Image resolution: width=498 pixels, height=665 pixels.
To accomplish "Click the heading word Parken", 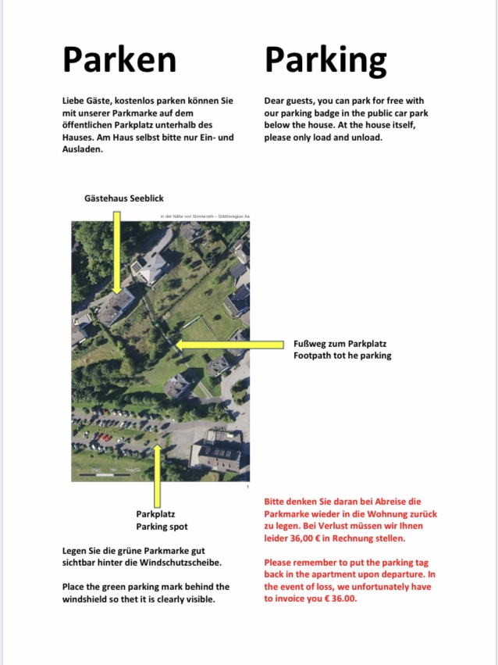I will pyautogui.click(x=119, y=59).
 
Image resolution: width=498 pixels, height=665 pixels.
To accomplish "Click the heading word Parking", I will pyautogui.click(x=325, y=60).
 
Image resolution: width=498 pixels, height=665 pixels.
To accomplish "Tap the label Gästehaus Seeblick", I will pyautogui.click(x=124, y=198).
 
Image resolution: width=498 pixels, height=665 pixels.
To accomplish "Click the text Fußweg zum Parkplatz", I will pyautogui.click(x=340, y=344).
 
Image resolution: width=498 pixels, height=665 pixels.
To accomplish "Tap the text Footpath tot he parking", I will pyautogui.click(x=342, y=356).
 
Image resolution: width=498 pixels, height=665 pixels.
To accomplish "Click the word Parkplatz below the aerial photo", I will pyautogui.click(x=155, y=514).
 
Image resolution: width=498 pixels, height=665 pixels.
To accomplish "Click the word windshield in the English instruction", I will pyautogui.click(x=87, y=599).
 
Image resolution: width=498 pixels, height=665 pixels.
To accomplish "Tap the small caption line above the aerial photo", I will pyautogui.click(x=204, y=216).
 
